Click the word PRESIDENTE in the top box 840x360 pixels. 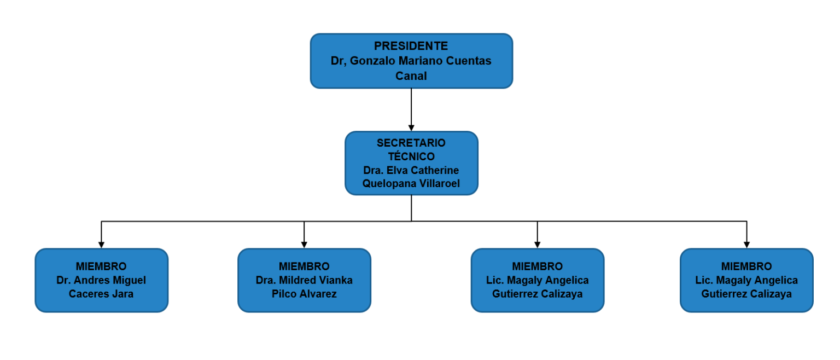click(x=411, y=46)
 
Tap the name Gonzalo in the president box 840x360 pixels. click(x=372, y=61)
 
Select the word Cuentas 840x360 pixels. click(x=469, y=61)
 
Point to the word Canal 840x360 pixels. click(x=411, y=76)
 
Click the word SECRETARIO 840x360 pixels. click(x=411, y=143)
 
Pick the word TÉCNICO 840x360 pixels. click(x=411, y=156)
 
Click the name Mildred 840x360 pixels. click(x=295, y=280)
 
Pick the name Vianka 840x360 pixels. click(x=334, y=280)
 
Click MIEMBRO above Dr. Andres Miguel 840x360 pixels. click(x=101, y=266)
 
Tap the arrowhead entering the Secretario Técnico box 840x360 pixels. click(x=411, y=128)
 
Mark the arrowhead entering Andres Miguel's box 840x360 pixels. click(x=101, y=245)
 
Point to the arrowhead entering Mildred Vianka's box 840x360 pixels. click(x=304, y=245)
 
